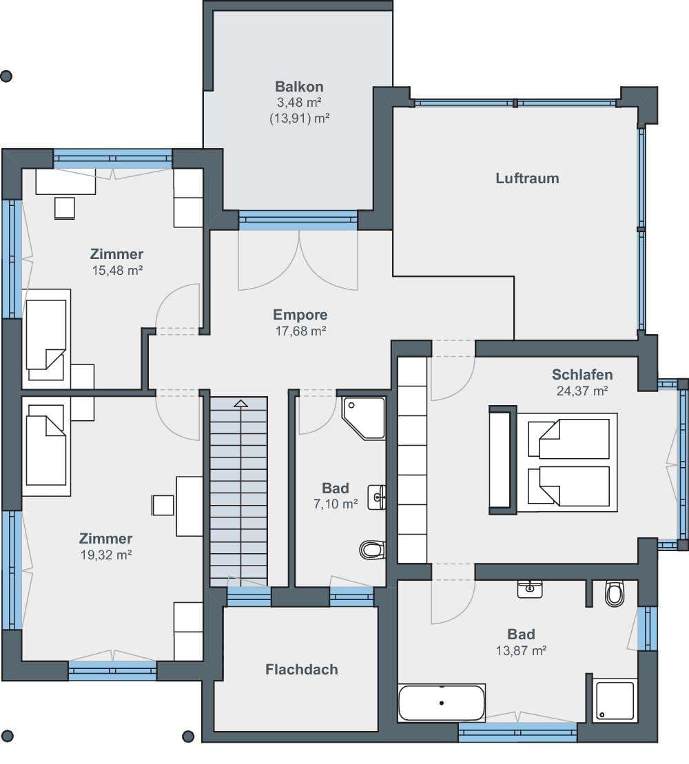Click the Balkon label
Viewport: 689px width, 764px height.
[x=299, y=86]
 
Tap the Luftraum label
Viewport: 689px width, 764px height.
[x=527, y=178]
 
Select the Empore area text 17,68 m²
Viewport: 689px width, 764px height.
[x=300, y=331]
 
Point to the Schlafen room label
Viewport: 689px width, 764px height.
[x=582, y=374]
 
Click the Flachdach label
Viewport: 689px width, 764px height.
[x=302, y=670]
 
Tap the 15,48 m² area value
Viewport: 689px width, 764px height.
[x=117, y=270]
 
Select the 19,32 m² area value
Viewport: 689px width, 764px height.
[x=106, y=555]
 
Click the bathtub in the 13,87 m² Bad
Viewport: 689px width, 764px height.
[x=442, y=703]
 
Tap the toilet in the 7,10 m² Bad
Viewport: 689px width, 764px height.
[x=373, y=550]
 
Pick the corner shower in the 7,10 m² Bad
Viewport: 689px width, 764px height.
[x=364, y=418]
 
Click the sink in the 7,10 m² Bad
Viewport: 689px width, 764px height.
[x=377, y=497]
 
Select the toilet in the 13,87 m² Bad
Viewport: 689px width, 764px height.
[x=615, y=593]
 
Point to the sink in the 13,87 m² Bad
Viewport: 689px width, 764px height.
[x=530, y=588]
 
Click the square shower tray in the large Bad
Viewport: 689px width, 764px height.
[x=615, y=700]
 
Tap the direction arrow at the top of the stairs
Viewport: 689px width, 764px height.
[x=240, y=404]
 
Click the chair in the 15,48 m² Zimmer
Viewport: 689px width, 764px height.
[x=65, y=208]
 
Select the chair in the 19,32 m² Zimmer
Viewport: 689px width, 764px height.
[x=163, y=505]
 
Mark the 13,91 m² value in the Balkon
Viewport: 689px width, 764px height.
[x=300, y=118]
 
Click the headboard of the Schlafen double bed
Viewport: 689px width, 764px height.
[x=503, y=460]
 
